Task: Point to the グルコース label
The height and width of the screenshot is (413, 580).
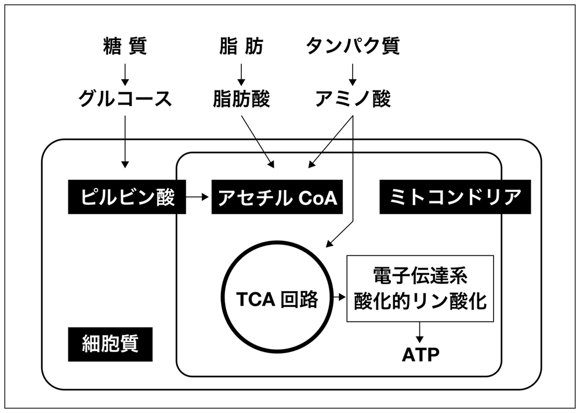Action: coord(125,99)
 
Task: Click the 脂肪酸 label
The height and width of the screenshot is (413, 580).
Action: coord(241,99)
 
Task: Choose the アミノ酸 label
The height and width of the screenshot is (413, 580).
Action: coord(353,99)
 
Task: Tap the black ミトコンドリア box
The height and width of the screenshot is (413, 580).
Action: coord(455,197)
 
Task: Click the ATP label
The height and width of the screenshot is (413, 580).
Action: coord(420,354)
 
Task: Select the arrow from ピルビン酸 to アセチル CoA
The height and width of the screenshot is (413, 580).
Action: coord(197,197)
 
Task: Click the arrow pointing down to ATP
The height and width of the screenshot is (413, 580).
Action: coord(420,332)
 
